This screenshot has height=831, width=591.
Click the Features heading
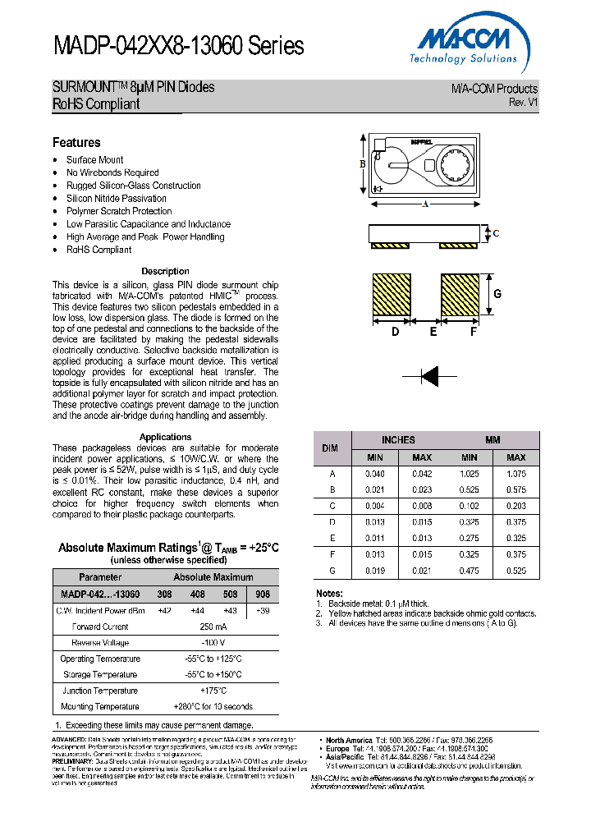tap(76, 142)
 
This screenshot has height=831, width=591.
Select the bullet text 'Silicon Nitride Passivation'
tap(116, 198)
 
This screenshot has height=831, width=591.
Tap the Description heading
tap(165, 271)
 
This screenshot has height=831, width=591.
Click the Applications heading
tap(165, 437)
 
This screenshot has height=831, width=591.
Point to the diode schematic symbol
tap(429, 376)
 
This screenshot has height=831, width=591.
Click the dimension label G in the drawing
tap(497, 294)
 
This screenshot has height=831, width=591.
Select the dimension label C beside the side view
tap(496, 233)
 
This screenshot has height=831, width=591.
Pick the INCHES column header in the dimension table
tap(398, 440)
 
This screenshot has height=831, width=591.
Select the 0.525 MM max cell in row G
tap(515, 570)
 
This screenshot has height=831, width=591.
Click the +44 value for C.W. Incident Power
tap(198, 611)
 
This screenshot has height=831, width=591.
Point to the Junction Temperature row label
tap(100, 691)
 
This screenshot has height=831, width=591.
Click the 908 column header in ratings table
tap(263, 594)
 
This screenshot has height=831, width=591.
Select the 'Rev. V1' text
tap(523, 103)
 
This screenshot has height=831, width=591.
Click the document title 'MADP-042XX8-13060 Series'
tap(178, 46)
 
